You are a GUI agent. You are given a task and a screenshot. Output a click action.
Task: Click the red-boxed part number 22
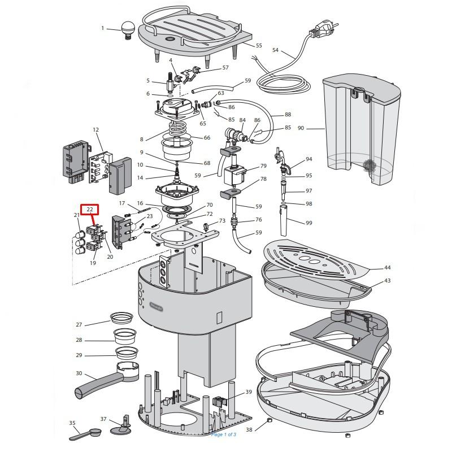90,210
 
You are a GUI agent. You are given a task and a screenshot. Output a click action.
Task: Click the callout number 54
275,50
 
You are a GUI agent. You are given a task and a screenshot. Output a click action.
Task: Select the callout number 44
387,268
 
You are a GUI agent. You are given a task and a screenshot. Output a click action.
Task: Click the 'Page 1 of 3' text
224,434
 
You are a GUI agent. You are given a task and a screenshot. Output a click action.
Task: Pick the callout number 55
259,46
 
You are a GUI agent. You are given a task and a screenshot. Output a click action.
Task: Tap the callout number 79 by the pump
263,166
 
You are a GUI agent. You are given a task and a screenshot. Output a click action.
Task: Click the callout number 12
95,130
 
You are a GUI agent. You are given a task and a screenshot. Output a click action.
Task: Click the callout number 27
79,324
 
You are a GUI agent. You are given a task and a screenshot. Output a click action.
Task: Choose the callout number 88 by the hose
288,115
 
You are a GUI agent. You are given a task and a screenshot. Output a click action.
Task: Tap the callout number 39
249,392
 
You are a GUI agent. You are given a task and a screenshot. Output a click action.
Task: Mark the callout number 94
308,159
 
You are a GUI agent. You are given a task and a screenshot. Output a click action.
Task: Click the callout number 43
387,281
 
